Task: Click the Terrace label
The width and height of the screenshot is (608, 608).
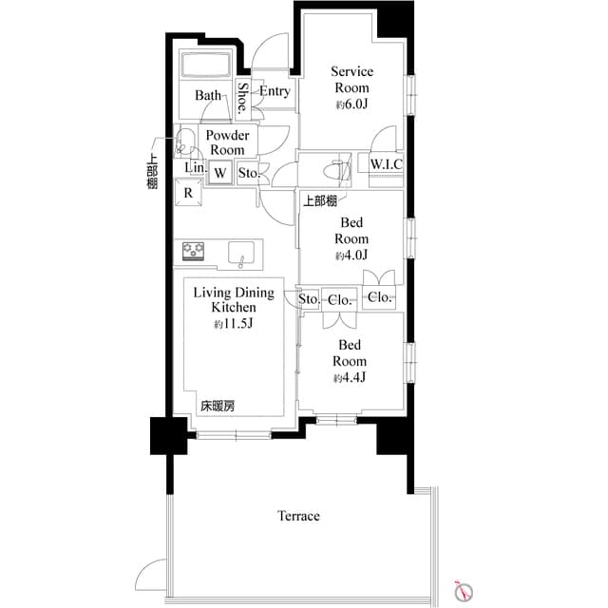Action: point(298,516)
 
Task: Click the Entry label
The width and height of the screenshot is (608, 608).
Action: point(275,92)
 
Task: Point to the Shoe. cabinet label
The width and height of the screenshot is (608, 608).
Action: point(244,98)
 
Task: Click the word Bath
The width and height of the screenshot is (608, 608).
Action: point(208,96)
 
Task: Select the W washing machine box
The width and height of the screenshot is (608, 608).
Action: point(220,173)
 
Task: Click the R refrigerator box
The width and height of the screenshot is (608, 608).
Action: point(188,193)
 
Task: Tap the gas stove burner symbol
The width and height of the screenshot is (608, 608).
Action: point(196,252)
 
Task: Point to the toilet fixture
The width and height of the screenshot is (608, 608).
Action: point(334,171)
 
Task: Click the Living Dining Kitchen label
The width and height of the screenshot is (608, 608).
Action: point(234,300)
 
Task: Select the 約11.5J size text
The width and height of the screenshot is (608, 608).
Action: point(234,324)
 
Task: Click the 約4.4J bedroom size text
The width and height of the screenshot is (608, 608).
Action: point(351,378)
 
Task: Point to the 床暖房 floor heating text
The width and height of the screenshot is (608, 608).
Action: point(217,406)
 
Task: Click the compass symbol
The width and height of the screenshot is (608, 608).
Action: point(463,590)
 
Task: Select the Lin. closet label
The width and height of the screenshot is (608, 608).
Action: point(193,168)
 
